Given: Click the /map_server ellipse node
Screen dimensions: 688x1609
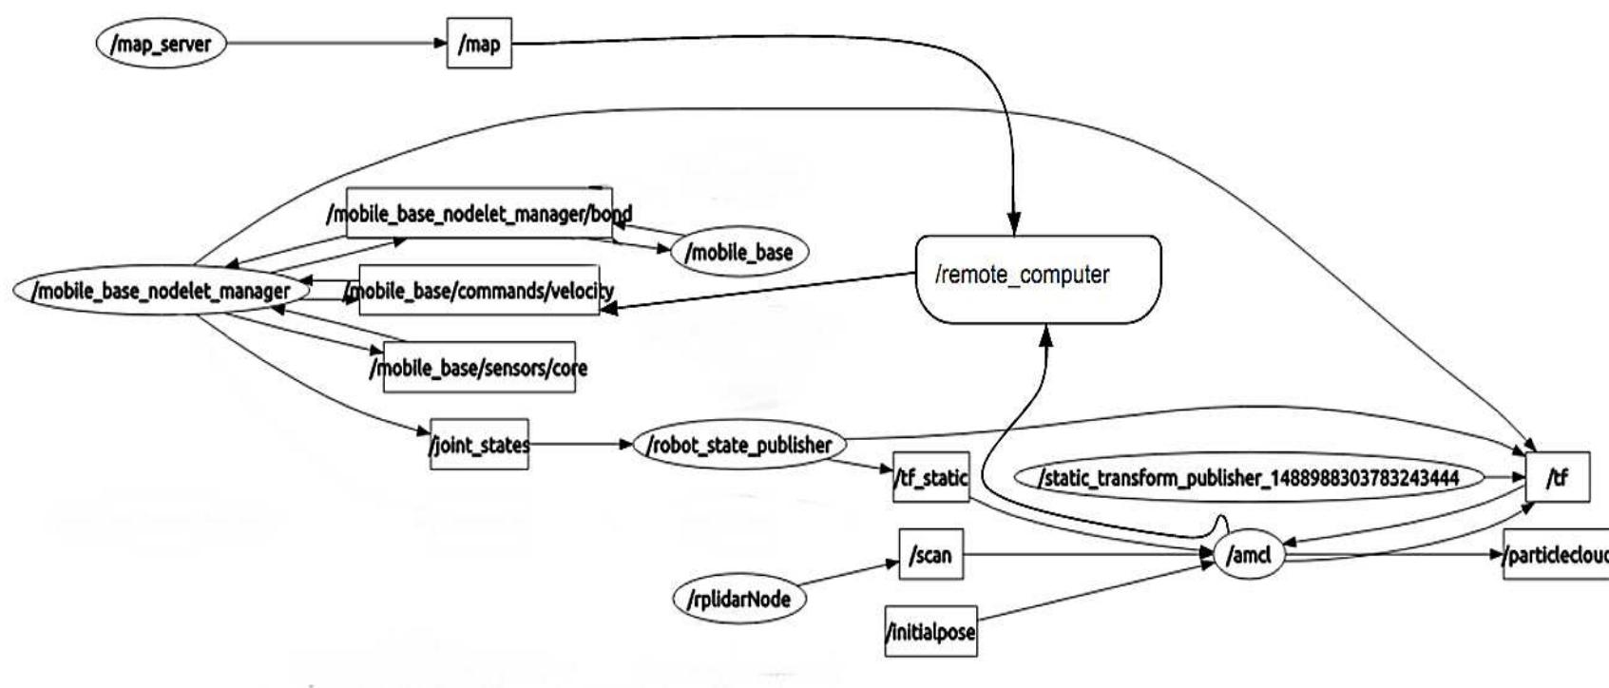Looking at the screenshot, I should pyautogui.click(x=162, y=44).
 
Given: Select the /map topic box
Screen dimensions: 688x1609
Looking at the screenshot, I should pyautogui.click(x=479, y=44).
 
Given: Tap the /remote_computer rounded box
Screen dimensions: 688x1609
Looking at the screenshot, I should pyautogui.click(x=1038, y=278).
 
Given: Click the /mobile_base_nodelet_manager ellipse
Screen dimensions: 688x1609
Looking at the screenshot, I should pyautogui.click(x=162, y=291).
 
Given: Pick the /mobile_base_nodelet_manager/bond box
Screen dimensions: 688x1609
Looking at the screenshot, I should pyautogui.click(x=479, y=213).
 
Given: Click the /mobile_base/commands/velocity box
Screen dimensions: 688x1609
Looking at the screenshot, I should pyautogui.click(x=479, y=291).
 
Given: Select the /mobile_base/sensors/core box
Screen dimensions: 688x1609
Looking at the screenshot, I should pyautogui.click(x=479, y=368).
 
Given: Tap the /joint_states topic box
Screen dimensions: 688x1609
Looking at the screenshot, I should pyautogui.click(x=479, y=445).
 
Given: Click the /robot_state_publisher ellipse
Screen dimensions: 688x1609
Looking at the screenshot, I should pyautogui.click(x=739, y=445).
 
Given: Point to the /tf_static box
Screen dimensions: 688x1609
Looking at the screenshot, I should pyautogui.click(x=931, y=477).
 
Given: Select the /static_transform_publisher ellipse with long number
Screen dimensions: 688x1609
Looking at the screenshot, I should pyautogui.click(x=1249, y=477).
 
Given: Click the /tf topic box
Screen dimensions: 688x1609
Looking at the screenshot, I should pyautogui.click(x=1557, y=477).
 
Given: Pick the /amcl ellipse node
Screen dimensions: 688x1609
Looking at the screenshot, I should pyautogui.click(x=1249, y=555).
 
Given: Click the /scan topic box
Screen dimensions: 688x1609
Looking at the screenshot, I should pyautogui.click(x=930, y=555).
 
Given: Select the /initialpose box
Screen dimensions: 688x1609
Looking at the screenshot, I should pyautogui.click(x=930, y=631).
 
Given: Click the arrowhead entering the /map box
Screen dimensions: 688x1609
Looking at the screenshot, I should pyautogui.click(x=440, y=44).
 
